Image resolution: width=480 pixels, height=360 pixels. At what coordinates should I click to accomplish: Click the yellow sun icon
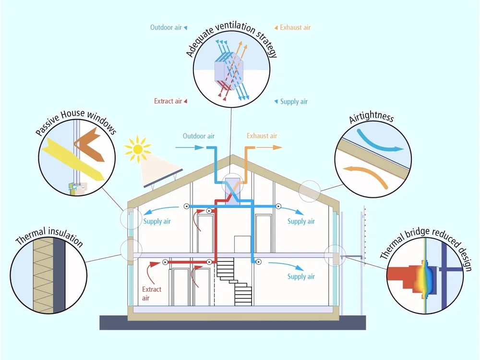point(137,149)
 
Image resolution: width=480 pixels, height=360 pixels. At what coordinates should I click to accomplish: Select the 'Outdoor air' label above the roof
point(198,136)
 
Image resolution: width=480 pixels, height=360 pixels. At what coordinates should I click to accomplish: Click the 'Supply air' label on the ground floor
point(301,276)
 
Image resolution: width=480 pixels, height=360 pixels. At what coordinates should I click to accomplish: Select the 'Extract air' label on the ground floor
point(152,294)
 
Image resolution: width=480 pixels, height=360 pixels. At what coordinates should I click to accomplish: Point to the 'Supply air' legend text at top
point(294,102)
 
